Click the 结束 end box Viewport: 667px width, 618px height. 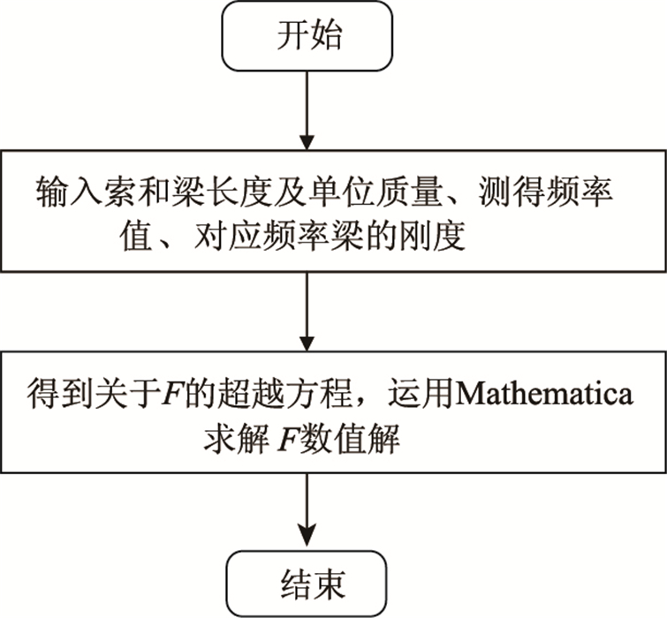click(x=306, y=584)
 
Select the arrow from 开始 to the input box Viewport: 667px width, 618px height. click(x=306, y=110)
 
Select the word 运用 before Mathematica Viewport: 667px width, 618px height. click(x=413, y=394)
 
